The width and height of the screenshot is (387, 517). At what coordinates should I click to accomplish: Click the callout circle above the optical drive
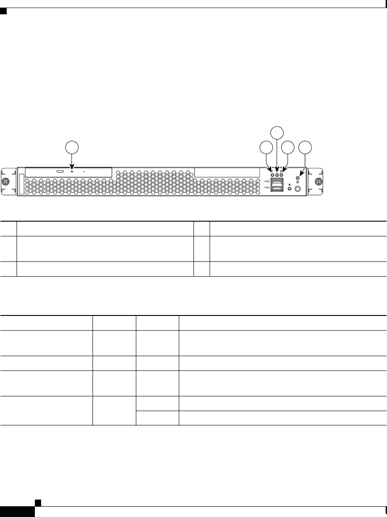point(72,147)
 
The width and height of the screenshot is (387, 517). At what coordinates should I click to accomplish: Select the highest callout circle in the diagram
point(278,132)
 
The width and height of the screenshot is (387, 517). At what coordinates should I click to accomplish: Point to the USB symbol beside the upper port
point(267,181)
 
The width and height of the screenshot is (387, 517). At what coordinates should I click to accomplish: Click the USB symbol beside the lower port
point(267,188)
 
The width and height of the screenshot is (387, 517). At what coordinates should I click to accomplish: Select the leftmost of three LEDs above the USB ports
point(272,175)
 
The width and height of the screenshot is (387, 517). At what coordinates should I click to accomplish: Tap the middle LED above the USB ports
point(277,175)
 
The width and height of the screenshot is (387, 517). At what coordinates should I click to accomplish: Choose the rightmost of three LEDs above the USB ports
point(282,175)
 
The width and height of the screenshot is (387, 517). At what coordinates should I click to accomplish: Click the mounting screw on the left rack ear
point(5,182)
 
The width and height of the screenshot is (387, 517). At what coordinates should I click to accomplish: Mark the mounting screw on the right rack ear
point(318,182)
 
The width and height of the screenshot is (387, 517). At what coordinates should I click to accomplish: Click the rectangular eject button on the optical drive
point(60,171)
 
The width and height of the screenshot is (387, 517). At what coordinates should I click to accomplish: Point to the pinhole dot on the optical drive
point(84,171)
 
